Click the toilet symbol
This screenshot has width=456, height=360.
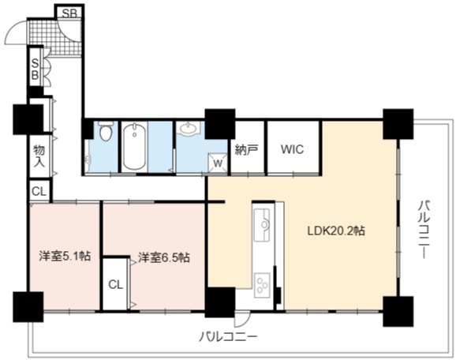click(x=104, y=131)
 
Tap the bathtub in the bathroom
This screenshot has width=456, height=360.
click(x=134, y=146)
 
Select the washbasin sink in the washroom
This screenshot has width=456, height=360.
click(x=188, y=128)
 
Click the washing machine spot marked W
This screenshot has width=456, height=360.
click(x=218, y=163)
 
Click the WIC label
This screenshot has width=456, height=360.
click(x=292, y=149)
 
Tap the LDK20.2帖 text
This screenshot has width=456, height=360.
click(x=336, y=231)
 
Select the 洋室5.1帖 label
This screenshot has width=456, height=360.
click(x=65, y=256)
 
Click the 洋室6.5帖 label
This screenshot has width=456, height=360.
click(x=164, y=257)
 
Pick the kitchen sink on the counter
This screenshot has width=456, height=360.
click(x=263, y=224)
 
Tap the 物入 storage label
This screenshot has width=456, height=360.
click(x=39, y=156)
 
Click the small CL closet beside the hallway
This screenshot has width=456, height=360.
click(x=39, y=191)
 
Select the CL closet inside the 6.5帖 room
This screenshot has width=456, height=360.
click(x=116, y=285)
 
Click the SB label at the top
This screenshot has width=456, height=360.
click(x=69, y=13)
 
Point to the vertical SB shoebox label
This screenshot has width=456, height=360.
click(x=35, y=69)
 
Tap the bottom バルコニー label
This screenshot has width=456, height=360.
click(x=228, y=337)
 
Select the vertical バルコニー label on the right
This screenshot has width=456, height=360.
click(x=424, y=229)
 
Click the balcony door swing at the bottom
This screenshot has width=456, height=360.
click(x=242, y=320)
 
